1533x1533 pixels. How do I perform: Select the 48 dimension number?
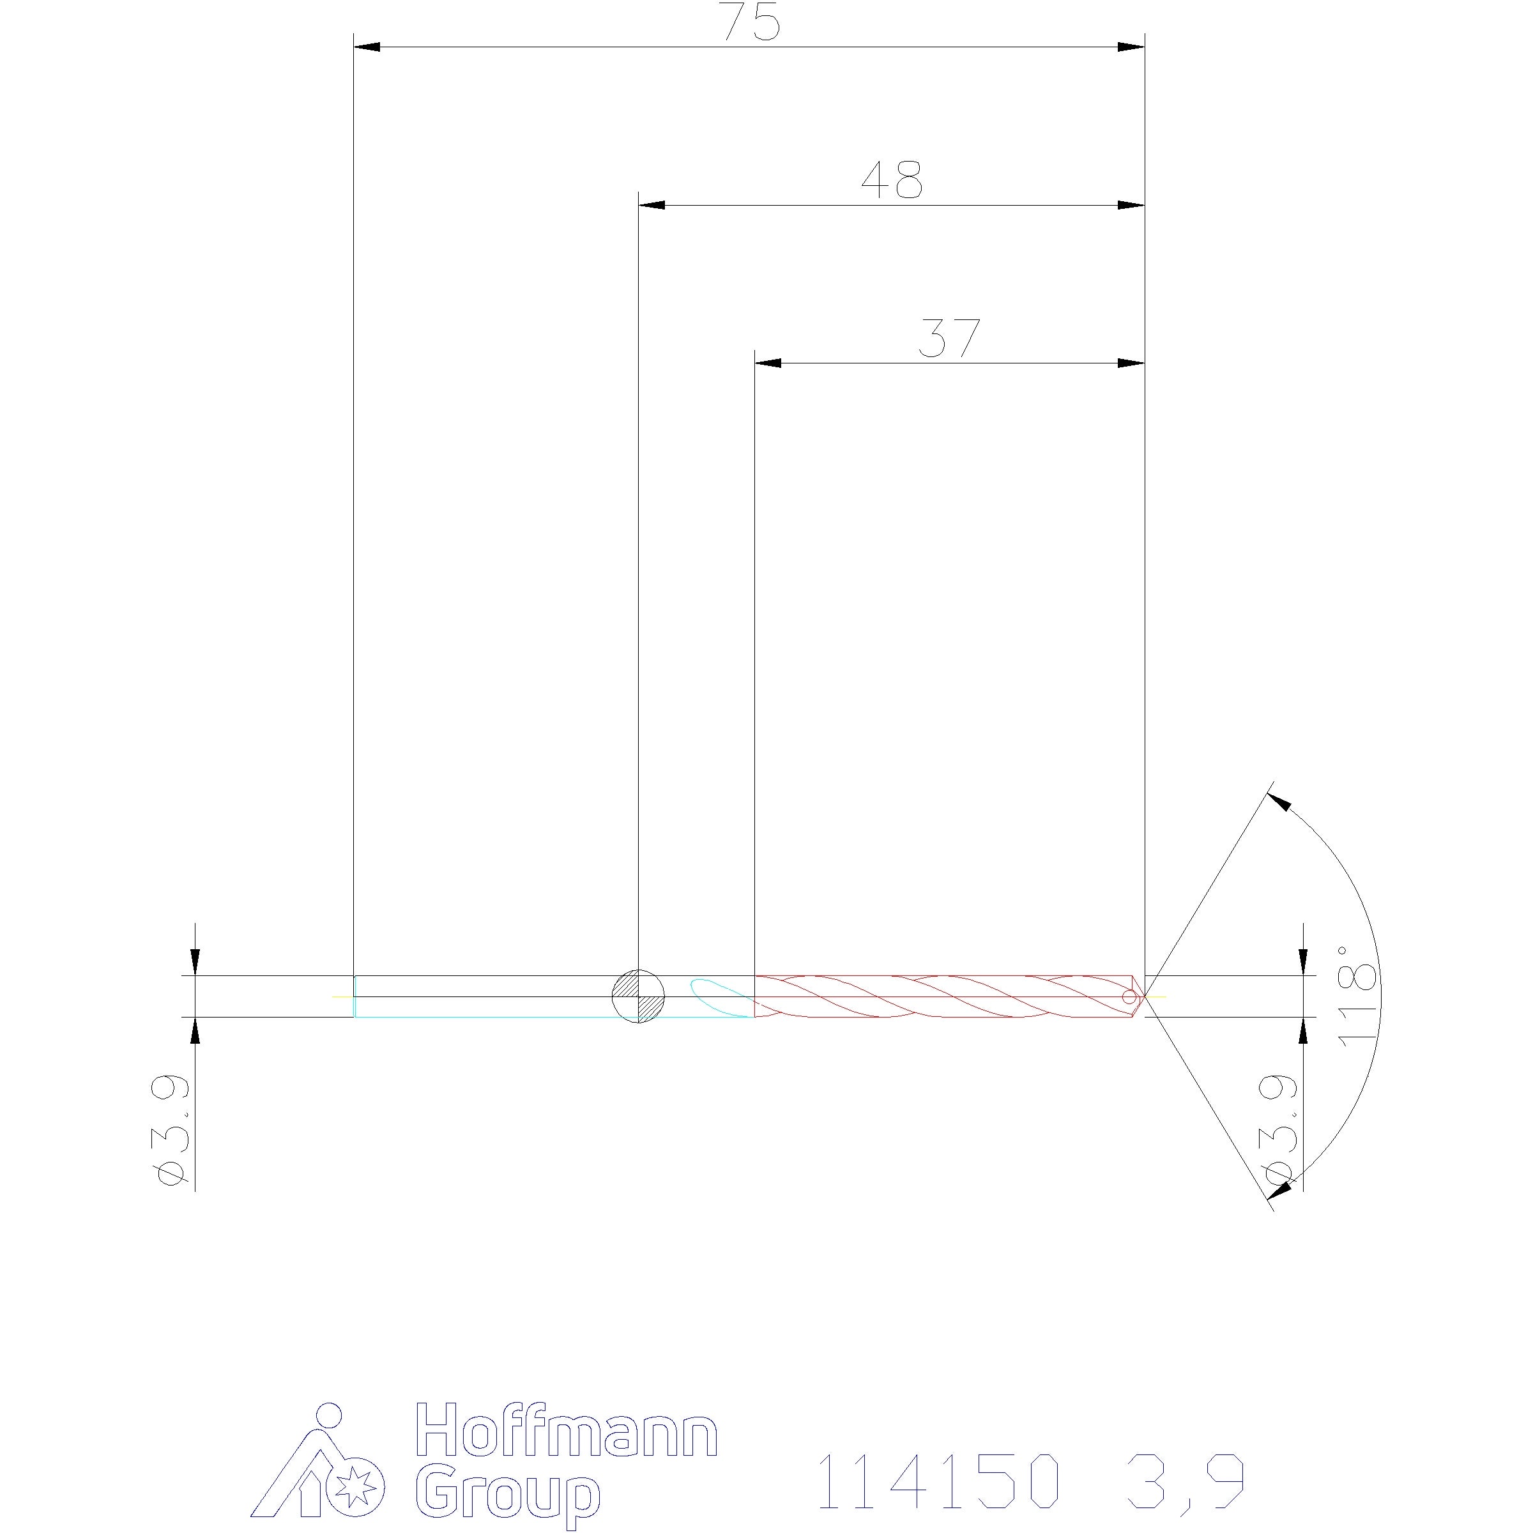pyautogui.click(x=892, y=180)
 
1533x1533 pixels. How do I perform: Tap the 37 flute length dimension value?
pyautogui.click(x=949, y=339)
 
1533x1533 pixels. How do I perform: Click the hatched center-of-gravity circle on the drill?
pyautogui.click(x=639, y=996)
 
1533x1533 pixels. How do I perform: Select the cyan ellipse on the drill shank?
pyautogui.click(x=721, y=997)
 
